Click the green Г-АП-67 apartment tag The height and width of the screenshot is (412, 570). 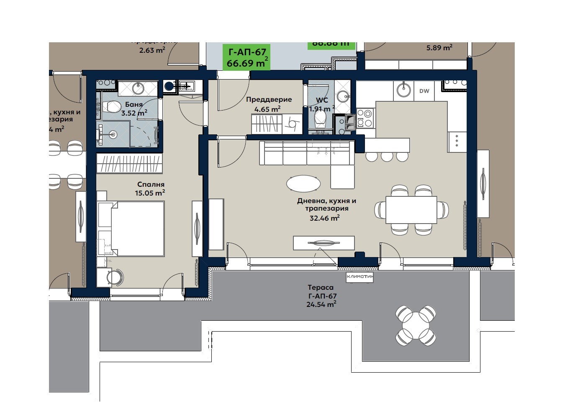246,57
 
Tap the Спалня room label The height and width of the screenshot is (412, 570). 151,184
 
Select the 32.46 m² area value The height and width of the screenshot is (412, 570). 324,218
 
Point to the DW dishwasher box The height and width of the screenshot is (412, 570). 424,91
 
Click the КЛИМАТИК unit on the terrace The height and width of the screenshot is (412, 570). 359,277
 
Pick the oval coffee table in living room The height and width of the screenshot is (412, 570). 303,183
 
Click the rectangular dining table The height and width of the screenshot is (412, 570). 411,210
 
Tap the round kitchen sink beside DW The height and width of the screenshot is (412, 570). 403,89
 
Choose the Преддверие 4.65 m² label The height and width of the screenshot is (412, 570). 269,104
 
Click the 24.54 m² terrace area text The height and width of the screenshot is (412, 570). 321,304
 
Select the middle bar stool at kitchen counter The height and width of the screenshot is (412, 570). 387,156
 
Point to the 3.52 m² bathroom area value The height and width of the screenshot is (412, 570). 134,113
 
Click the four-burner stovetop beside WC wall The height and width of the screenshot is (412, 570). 365,118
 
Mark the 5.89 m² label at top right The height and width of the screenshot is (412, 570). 439,48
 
